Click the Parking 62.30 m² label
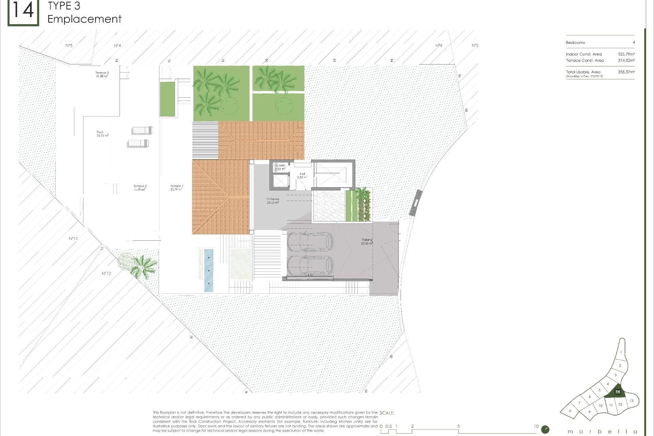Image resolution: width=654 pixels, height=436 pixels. click(x=367, y=242)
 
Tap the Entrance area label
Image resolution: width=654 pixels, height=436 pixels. click(x=273, y=201)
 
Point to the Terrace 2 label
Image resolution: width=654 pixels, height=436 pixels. click(x=140, y=188)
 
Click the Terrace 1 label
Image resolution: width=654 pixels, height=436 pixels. click(x=177, y=187)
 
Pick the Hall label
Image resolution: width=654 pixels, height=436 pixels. click(x=302, y=175)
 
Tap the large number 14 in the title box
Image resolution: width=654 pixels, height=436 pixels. click(x=23, y=11)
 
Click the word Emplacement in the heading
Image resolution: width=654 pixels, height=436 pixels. click(x=84, y=19)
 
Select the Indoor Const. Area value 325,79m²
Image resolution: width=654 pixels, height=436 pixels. click(x=626, y=54)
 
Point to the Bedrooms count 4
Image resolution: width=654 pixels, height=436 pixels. click(x=634, y=43)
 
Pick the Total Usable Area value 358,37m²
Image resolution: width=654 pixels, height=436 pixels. click(x=626, y=72)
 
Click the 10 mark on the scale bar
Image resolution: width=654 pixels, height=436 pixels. click(x=536, y=426)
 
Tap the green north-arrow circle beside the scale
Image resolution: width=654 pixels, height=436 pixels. click(x=545, y=430)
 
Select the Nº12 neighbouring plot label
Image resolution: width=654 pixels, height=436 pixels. click(x=106, y=274)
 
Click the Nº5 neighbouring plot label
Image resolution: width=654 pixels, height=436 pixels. click(x=69, y=45)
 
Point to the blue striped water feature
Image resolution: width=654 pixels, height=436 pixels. click(x=208, y=270)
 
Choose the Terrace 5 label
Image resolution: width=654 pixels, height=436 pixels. click(x=102, y=74)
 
